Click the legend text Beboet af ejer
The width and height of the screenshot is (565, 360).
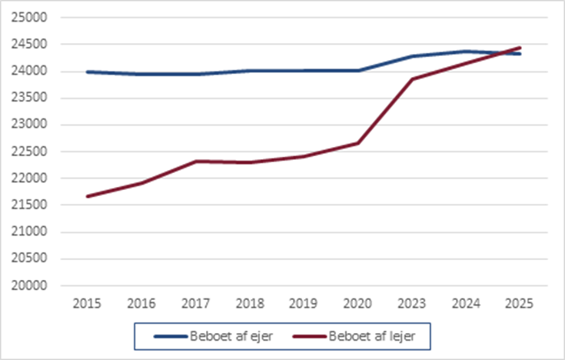(231, 336)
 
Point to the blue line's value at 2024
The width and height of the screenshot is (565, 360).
(466, 52)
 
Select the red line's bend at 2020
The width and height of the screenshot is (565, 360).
(357, 143)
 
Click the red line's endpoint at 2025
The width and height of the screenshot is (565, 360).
(520, 48)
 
